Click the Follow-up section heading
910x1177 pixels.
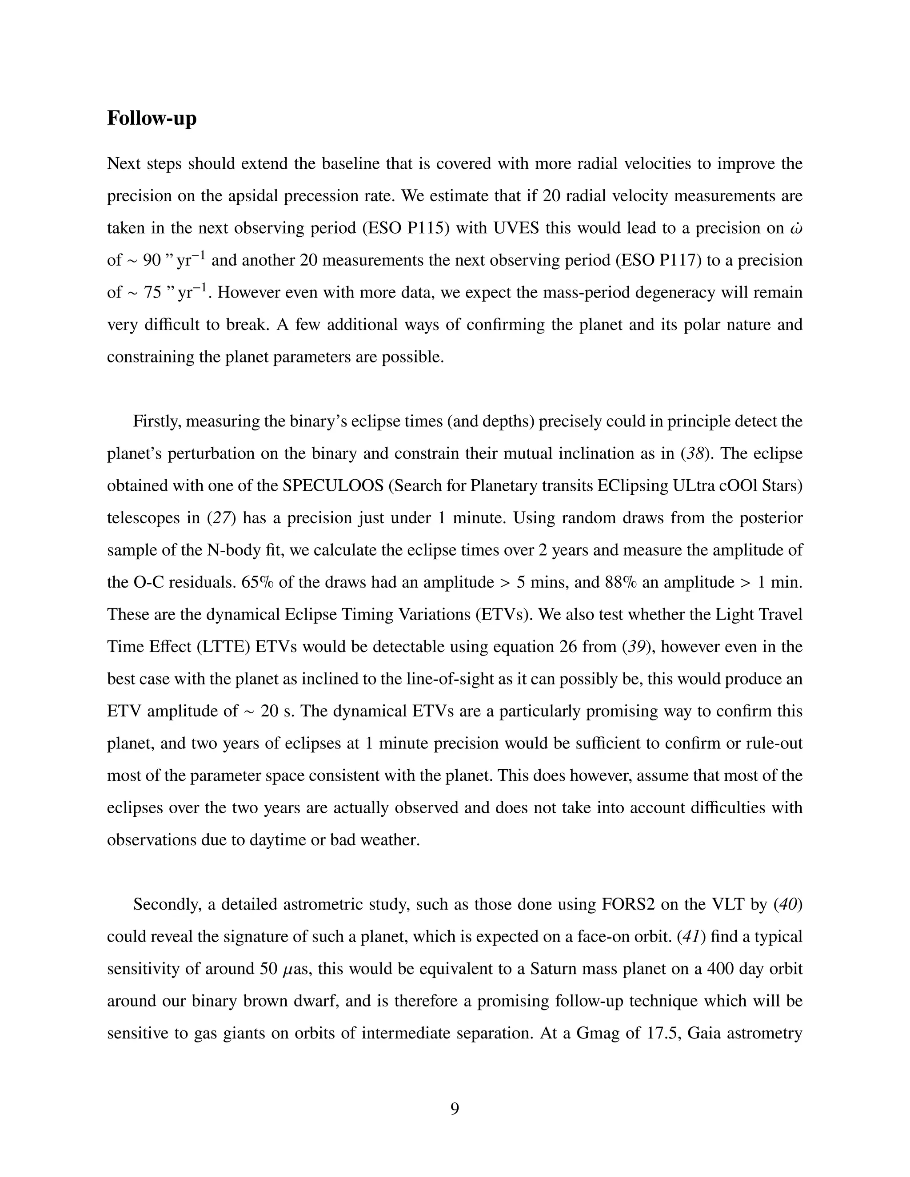[152, 118]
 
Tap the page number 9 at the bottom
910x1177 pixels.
[455, 1109]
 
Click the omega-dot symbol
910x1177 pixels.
[796, 228]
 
